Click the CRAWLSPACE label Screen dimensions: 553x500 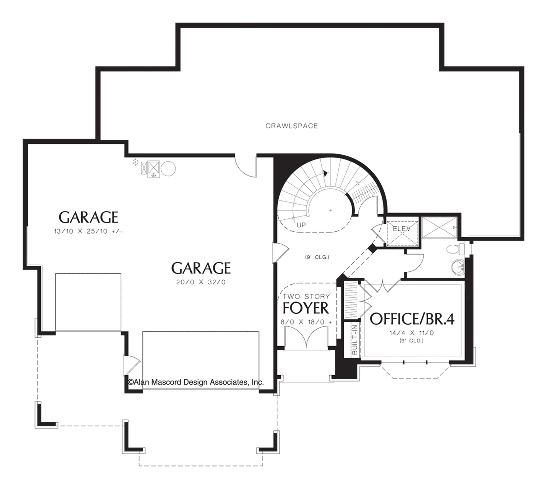[292, 126]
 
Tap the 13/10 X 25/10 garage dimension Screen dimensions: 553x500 [88, 231]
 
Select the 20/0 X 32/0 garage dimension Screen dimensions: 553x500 [201, 282]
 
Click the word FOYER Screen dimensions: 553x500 [306, 308]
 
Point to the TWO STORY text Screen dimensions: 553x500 [306, 296]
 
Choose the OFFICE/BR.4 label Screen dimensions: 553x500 [412, 319]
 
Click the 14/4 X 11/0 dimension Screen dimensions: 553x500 [412, 333]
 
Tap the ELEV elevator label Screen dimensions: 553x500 [402, 229]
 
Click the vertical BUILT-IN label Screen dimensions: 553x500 [355, 340]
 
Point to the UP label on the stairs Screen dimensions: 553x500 [301, 225]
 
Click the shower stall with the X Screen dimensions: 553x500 [439, 227]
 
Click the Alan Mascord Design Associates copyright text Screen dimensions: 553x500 [196, 382]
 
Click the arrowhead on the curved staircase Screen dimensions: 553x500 [326, 174]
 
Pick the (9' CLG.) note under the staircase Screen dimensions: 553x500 [317, 257]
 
